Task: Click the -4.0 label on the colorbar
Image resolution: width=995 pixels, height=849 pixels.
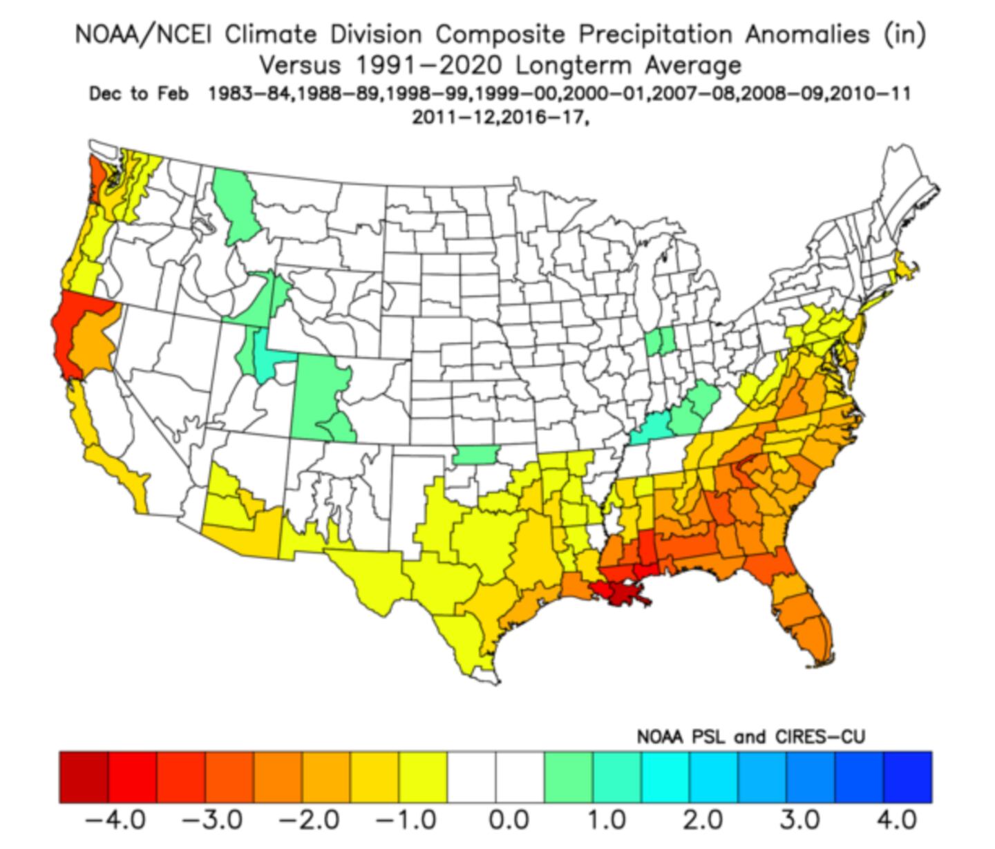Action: coord(115,820)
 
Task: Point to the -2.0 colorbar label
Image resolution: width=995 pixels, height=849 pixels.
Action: coord(309,820)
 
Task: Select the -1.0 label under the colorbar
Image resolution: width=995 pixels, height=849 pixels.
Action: coord(406,820)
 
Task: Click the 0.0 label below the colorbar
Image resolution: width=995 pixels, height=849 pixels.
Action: coord(509,820)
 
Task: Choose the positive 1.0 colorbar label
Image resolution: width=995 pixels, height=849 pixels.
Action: coord(607,820)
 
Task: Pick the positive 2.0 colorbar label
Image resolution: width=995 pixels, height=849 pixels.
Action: coord(703,820)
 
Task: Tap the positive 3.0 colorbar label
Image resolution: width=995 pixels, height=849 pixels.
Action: coord(800,820)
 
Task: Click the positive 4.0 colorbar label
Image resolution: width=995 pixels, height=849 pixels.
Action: coord(897,820)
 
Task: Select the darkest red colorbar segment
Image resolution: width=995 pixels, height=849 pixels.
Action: coord(84,777)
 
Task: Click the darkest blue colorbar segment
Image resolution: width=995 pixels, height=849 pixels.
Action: coord(907,777)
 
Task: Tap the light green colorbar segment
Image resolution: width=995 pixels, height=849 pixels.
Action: coord(569,777)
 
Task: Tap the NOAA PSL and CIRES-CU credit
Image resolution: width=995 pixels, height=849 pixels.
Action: coord(750,737)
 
